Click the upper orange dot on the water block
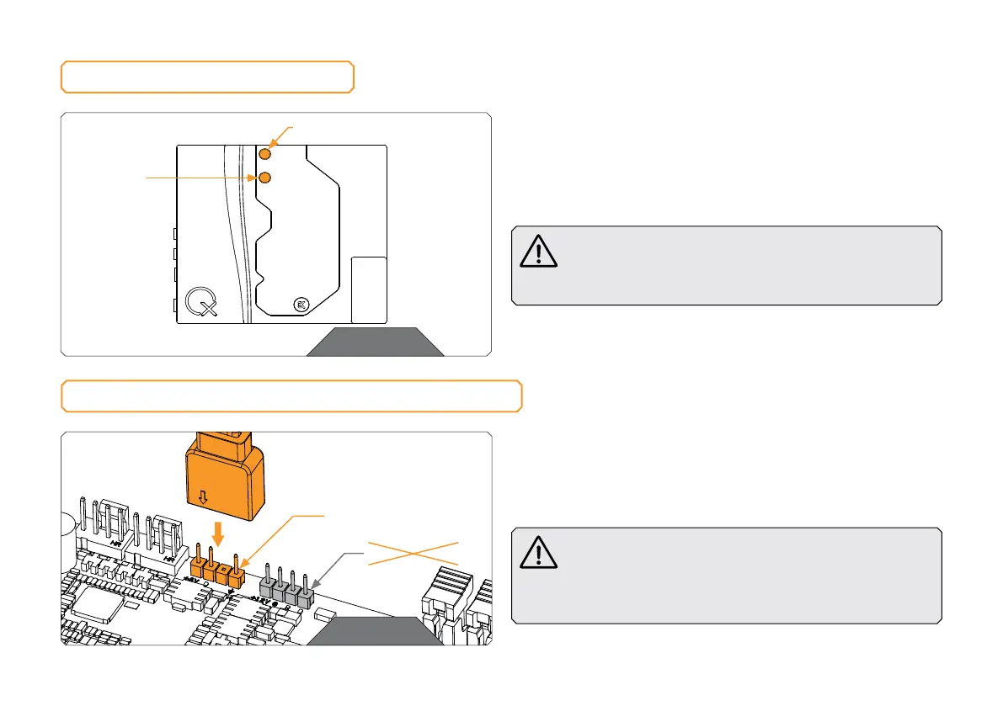(x=265, y=154)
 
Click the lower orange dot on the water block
(x=265, y=178)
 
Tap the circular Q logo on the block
(x=201, y=300)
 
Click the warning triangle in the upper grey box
(x=539, y=252)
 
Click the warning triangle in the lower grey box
(x=539, y=553)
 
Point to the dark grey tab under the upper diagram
(x=375, y=342)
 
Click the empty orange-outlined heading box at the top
(x=207, y=77)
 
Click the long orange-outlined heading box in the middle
(x=291, y=395)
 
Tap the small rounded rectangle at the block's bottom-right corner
(x=368, y=289)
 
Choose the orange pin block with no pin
(x=223, y=573)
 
